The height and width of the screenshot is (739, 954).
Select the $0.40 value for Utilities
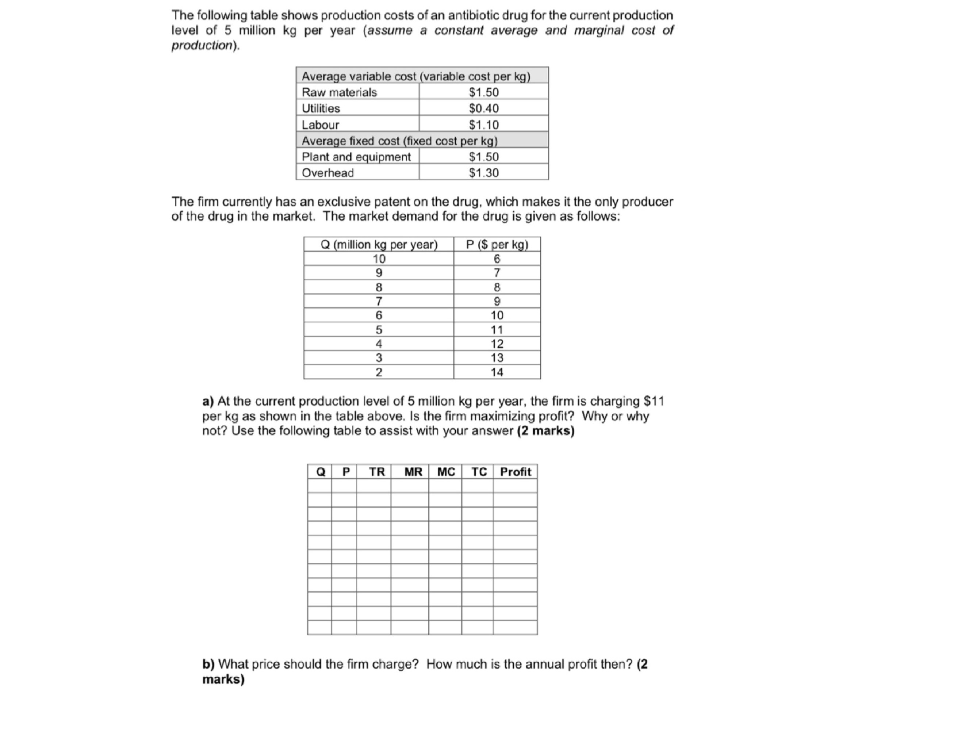(483, 108)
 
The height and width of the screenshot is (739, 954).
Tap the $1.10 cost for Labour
(483, 125)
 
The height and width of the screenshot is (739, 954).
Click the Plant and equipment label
(356, 157)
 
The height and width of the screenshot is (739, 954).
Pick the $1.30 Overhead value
(483, 173)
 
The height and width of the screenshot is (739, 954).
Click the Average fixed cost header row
(399, 141)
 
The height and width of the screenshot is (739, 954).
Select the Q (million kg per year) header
(379, 245)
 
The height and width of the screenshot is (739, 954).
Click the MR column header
(413, 472)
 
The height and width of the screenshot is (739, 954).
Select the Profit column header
(515, 472)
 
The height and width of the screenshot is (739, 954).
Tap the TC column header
(479, 472)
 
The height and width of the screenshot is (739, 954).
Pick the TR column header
(377, 472)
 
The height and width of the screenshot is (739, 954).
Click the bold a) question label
(208, 401)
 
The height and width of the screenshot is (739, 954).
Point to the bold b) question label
(208, 664)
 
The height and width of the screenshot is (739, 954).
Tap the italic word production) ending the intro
(205, 45)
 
